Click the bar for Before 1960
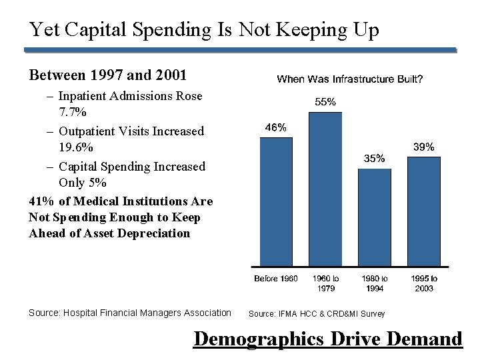(276, 201)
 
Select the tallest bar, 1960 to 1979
(325, 189)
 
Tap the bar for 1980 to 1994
(375, 217)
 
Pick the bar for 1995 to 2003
(423, 211)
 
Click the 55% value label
(325, 102)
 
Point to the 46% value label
(276, 127)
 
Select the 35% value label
(374, 159)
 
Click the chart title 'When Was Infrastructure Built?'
(349, 79)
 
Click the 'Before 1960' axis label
(276, 278)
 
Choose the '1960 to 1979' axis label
(325, 283)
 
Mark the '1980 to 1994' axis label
(375, 283)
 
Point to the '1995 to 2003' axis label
(424, 283)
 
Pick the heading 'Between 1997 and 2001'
(107, 74)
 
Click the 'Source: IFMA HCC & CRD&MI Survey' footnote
(317, 313)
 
